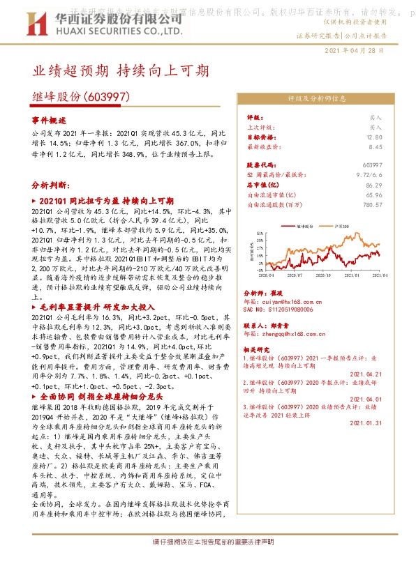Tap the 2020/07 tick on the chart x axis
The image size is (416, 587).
click(295, 277)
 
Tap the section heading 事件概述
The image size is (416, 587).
click(52, 121)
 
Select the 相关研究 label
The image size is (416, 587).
click(260, 347)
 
